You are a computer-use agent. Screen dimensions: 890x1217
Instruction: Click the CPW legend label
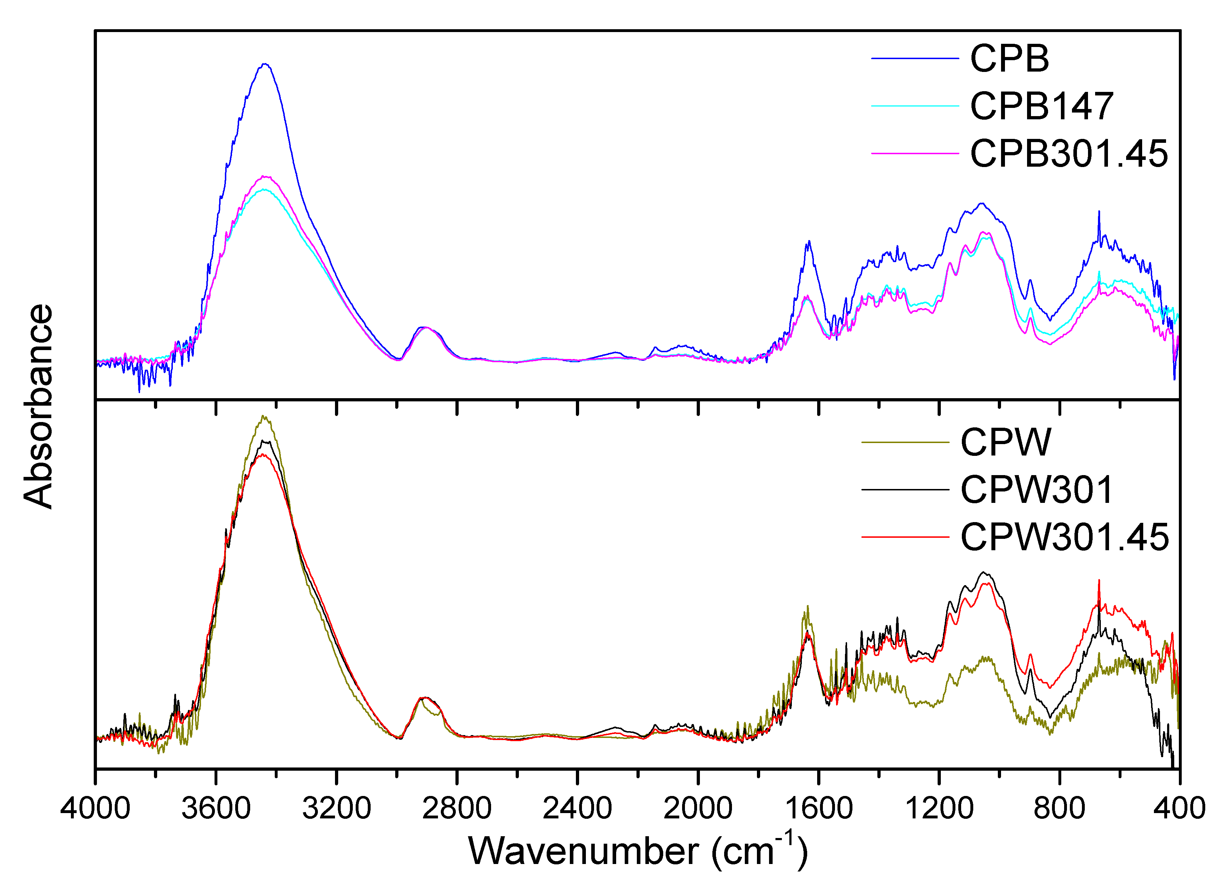coord(1006,442)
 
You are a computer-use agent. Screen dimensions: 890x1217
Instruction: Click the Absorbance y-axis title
coord(39,406)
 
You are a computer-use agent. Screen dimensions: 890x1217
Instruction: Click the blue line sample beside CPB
coord(915,58)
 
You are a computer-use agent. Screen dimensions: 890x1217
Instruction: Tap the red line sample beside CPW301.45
coord(906,537)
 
